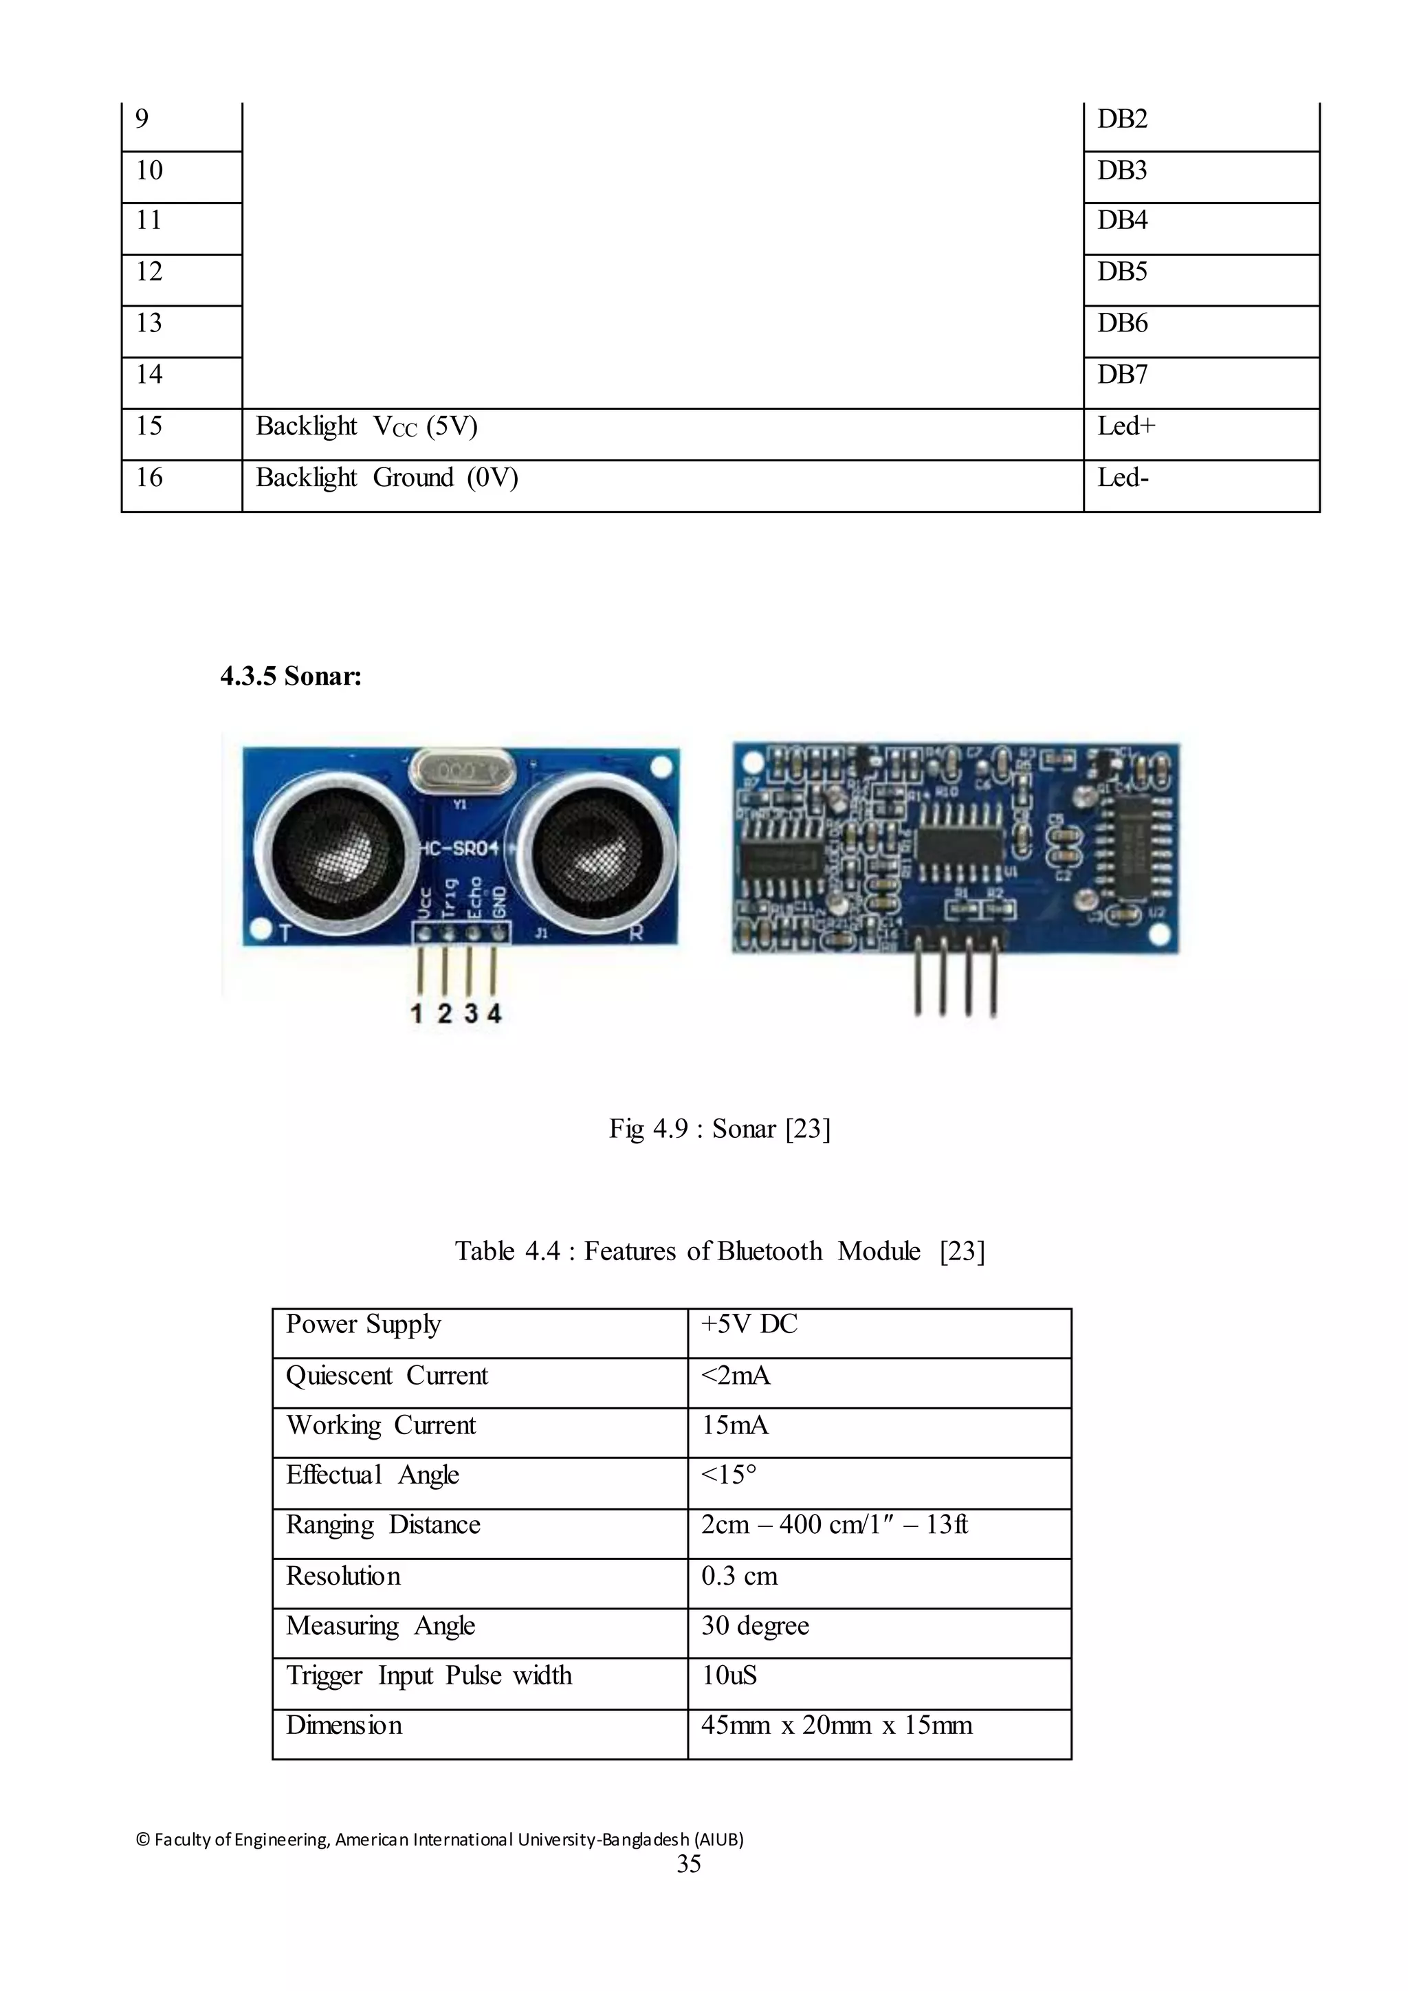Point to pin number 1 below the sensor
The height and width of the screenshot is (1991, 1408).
tap(417, 1013)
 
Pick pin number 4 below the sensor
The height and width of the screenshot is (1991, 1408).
tap(494, 1013)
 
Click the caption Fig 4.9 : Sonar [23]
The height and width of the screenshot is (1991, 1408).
tap(720, 1128)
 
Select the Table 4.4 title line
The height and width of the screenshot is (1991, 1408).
tap(720, 1251)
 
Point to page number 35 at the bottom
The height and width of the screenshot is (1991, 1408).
tap(688, 1864)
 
